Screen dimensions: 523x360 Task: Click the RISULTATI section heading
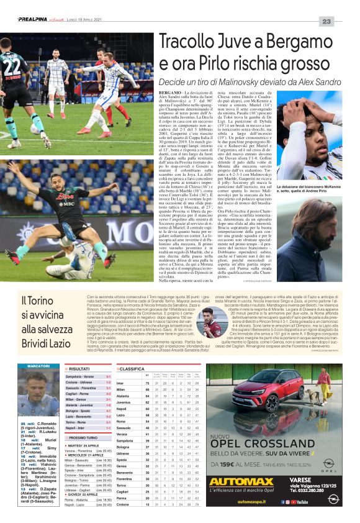(79, 368)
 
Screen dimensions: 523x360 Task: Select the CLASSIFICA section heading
(132, 368)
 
